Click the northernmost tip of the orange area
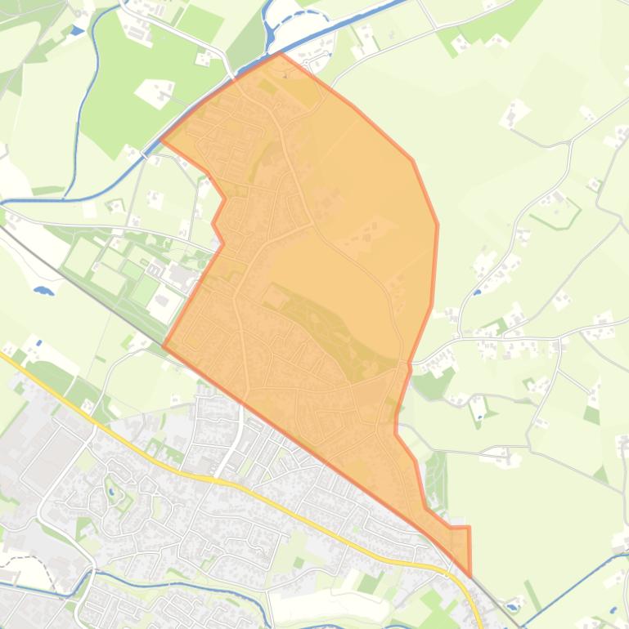click(x=280, y=54)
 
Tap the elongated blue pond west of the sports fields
click(x=43, y=289)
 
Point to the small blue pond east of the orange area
click(x=477, y=292)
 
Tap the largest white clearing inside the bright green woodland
click(x=155, y=91)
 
